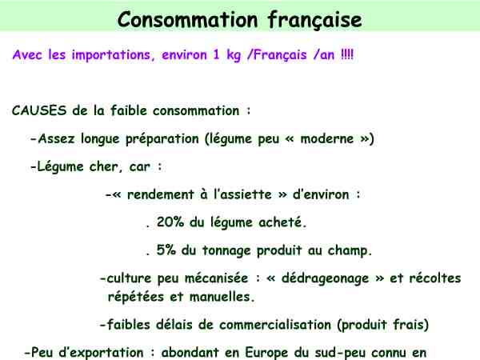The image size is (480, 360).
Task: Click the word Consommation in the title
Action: (188, 19)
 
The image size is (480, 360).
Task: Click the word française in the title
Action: (315, 20)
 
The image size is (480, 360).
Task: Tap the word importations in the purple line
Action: (111, 55)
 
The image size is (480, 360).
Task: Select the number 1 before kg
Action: (216, 54)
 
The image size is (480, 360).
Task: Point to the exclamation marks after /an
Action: (347, 54)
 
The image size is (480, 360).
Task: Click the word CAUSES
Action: (39, 110)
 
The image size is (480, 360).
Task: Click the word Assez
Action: (56, 138)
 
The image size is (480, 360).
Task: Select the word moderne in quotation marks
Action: (327, 138)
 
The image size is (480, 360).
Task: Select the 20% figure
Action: (170, 222)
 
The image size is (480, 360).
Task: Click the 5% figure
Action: (166, 250)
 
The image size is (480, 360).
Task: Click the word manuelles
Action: (222, 297)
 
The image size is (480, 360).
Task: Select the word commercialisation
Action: (275, 325)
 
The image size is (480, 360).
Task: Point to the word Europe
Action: (266, 353)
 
